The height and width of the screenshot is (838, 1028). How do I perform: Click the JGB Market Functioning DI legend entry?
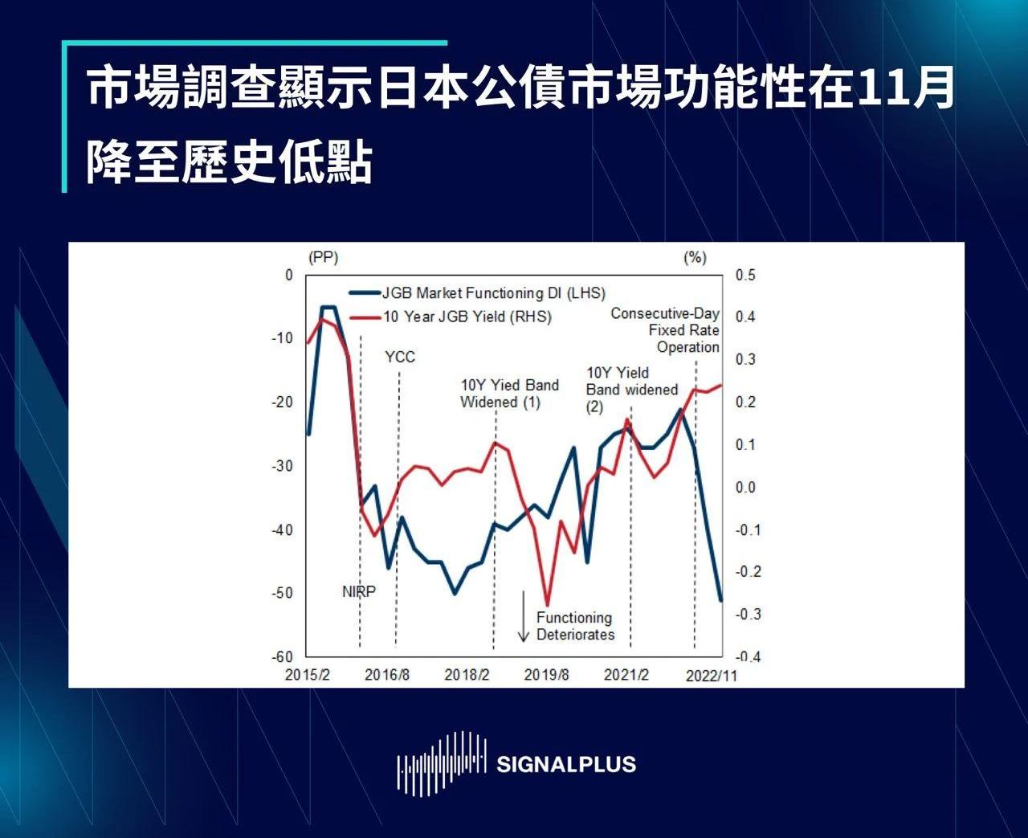477,293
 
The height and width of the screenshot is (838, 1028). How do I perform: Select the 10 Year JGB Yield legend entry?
451,317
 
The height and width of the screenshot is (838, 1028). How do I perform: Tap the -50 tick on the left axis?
283,593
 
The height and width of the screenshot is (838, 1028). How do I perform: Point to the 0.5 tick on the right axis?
745,275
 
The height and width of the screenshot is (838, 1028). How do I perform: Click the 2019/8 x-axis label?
546,674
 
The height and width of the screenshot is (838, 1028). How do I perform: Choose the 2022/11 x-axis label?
712,676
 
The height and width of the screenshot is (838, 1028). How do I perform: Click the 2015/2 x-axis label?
308,674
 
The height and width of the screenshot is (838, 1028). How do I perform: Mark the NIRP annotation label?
358,591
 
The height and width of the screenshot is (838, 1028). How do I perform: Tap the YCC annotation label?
400,357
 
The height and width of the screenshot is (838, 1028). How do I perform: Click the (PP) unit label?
324,257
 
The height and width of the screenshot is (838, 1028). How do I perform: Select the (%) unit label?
695,257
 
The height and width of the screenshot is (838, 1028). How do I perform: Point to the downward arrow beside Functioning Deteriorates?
523,616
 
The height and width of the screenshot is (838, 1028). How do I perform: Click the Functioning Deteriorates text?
575,626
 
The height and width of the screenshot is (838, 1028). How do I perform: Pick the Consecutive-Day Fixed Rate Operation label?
665,330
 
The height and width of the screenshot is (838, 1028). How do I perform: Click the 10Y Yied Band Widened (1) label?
509,394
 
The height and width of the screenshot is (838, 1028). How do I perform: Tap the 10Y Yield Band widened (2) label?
632,390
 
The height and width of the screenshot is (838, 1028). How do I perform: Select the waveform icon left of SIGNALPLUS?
441,764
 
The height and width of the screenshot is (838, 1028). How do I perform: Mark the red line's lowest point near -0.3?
547,605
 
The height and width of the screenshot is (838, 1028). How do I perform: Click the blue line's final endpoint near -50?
721,601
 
